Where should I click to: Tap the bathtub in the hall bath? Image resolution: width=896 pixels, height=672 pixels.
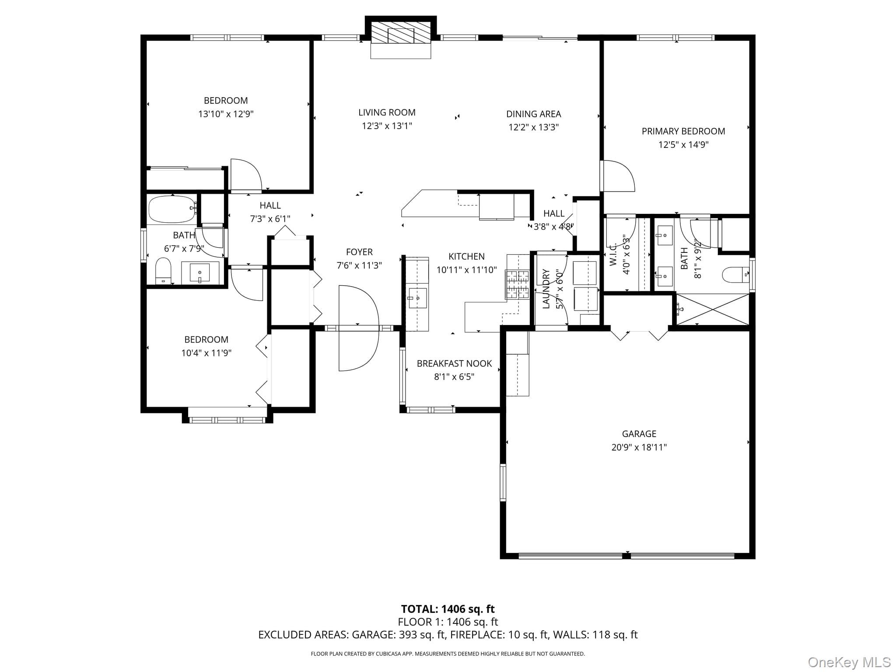point(171,209)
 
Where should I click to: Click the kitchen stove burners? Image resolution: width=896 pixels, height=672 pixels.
point(518,285)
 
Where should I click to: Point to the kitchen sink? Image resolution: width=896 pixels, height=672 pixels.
point(418,298)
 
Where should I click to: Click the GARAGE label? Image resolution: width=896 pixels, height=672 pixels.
point(639,434)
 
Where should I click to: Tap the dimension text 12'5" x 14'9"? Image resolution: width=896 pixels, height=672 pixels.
point(683,144)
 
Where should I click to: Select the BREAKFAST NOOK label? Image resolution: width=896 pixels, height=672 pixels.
point(454,364)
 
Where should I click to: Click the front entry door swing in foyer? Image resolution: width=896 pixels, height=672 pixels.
point(358,328)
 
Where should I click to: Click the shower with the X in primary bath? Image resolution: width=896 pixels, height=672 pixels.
point(713,309)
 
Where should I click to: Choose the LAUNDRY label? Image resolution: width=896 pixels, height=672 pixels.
point(546,289)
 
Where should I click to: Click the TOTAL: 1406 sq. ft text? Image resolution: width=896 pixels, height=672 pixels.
point(448,609)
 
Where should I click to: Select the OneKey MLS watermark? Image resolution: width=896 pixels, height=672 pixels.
point(849,661)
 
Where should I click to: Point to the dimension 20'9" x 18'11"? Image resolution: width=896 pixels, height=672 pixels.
point(639,447)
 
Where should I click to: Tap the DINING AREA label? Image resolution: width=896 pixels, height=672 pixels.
point(533,114)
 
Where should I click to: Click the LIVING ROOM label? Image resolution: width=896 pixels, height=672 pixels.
point(387,112)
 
